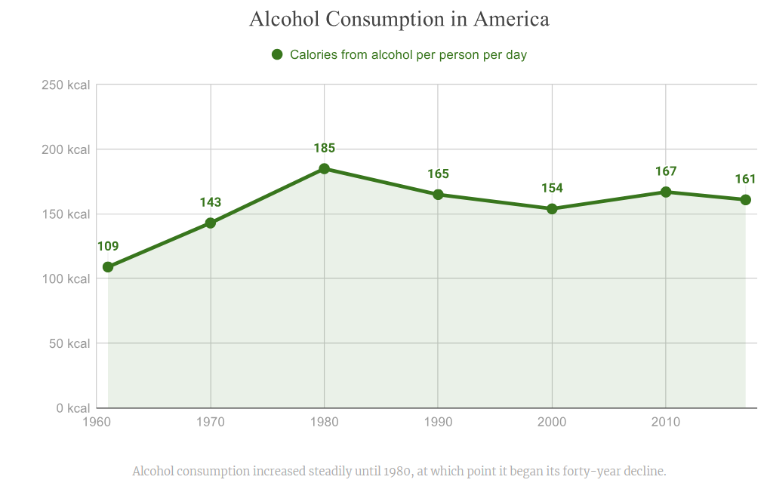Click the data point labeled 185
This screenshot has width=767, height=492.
click(x=324, y=169)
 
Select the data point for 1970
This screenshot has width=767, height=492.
click(x=211, y=223)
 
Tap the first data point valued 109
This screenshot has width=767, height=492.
click(x=108, y=266)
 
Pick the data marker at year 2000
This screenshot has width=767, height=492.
click(x=552, y=208)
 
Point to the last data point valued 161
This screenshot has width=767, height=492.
click(x=745, y=200)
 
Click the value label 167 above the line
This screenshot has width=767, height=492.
click(x=666, y=171)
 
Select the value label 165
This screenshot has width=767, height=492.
click(x=438, y=174)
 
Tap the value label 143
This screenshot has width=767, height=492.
click(x=211, y=202)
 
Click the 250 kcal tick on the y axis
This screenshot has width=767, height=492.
click(x=66, y=85)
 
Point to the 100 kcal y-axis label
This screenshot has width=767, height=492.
click(x=66, y=279)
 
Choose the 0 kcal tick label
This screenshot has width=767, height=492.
click(x=72, y=408)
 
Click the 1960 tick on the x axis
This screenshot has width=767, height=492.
click(x=97, y=422)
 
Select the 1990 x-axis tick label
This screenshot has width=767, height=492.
click(x=438, y=422)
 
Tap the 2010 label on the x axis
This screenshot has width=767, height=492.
click(x=666, y=422)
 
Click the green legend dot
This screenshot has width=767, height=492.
click(x=277, y=54)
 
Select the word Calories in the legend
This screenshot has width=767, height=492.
click(x=313, y=54)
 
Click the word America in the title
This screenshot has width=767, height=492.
click(x=511, y=19)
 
